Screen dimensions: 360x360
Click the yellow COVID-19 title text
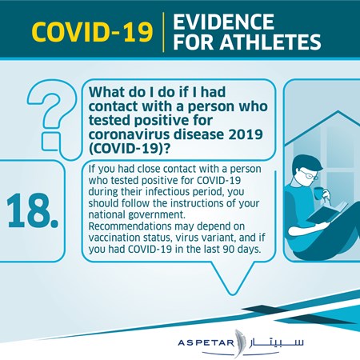92,32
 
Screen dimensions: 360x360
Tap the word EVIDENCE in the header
223,22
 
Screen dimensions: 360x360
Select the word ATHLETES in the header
270,42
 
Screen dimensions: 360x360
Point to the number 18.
32,210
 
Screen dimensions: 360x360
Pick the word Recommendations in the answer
130,226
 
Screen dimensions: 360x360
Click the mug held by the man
318,193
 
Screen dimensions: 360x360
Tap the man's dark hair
306,162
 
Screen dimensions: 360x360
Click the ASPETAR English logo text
206,342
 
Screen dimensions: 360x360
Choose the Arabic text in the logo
276,342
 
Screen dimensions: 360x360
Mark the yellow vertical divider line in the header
163,32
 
